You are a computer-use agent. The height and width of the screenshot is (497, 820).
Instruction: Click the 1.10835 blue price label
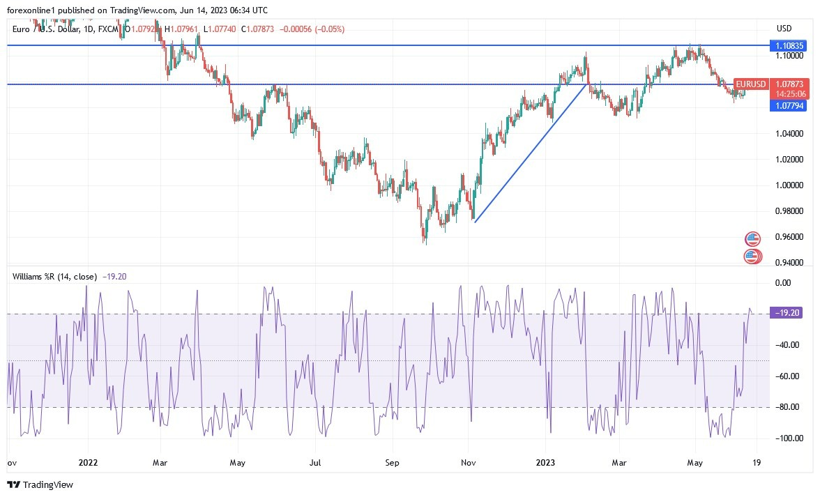click(791, 45)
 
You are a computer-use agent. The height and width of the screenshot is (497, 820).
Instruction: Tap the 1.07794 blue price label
click(791, 106)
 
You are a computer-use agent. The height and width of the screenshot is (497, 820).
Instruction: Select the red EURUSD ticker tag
click(750, 84)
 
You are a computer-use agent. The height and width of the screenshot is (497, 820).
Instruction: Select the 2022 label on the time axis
click(89, 461)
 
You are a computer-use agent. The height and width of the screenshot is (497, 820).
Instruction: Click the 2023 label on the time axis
click(545, 461)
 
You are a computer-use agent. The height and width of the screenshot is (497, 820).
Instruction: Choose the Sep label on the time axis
click(392, 461)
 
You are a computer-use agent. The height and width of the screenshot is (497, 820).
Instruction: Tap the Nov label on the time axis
click(469, 461)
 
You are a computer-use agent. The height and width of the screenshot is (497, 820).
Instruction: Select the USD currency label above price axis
click(784, 29)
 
